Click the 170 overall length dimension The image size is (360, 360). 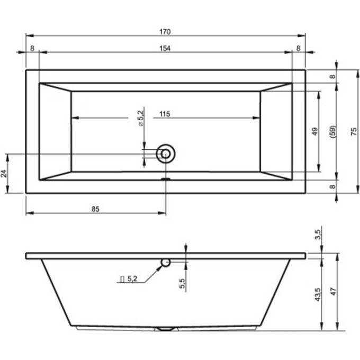[165, 32]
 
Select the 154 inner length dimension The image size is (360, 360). [165, 49]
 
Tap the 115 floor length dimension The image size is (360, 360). [165, 114]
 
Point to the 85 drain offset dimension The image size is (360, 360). [95, 209]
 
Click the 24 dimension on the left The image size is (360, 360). [4, 173]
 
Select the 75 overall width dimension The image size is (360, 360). [354, 131]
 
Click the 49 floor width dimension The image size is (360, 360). [315, 131]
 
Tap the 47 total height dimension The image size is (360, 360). [334, 292]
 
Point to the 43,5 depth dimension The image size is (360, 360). [318, 294]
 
